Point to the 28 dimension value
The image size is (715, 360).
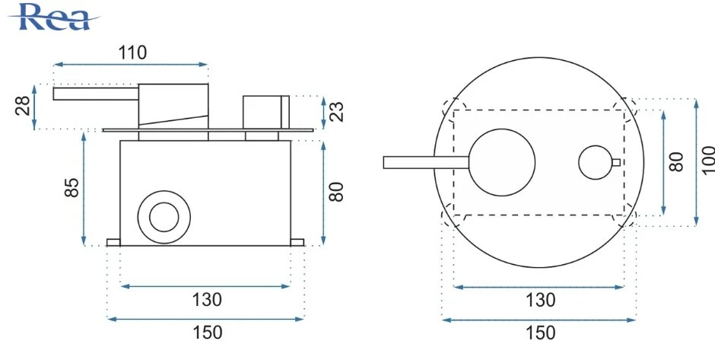pyautogui.click(x=24, y=107)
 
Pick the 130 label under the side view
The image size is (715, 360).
pyautogui.click(x=206, y=299)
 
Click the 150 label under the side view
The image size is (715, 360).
pyautogui.click(x=206, y=333)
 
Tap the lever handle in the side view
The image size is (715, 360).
pyautogui.click(x=95, y=94)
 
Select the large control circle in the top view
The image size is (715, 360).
pyautogui.click(x=501, y=163)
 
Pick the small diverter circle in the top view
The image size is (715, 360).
pyautogui.click(x=593, y=163)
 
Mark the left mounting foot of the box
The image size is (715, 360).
pyautogui.click(x=113, y=243)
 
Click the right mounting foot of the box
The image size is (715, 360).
pyautogui.click(x=297, y=243)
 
